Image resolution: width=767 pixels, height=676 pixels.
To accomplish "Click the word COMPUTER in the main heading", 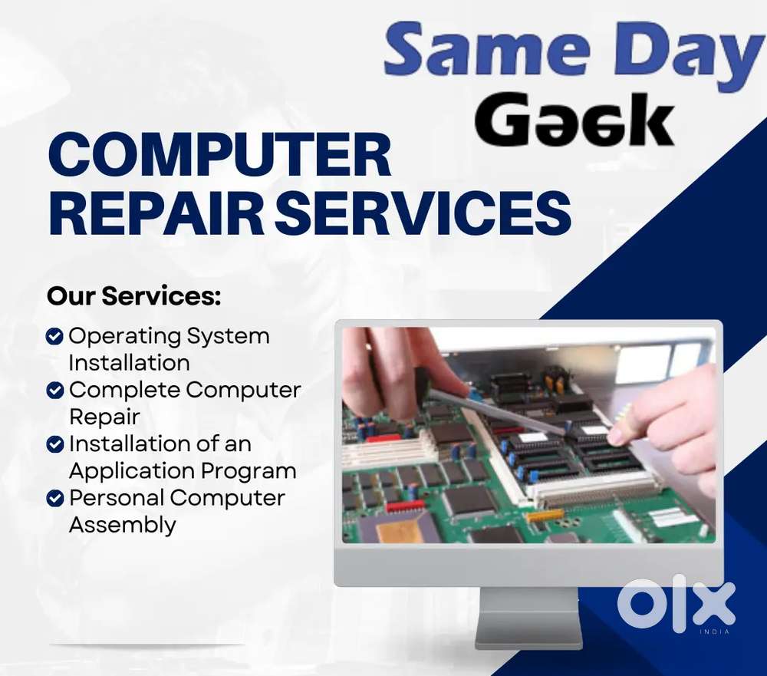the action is [x=220, y=156].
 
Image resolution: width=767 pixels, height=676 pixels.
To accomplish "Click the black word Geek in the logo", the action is [x=574, y=120].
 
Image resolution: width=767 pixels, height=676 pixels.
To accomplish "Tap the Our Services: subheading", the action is [x=133, y=296].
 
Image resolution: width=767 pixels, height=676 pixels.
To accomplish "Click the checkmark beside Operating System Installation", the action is [x=54, y=336].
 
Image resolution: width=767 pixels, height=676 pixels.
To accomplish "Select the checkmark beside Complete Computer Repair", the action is [x=54, y=390].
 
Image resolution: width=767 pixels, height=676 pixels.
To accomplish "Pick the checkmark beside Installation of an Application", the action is [x=54, y=444].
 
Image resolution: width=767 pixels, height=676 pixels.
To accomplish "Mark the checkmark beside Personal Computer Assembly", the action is [x=54, y=498].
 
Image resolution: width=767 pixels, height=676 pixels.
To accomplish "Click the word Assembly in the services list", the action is [x=122, y=526].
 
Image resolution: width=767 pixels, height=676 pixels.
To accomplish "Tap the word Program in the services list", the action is [x=249, y=471].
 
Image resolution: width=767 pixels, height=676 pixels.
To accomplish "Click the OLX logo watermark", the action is [x=676, y=605].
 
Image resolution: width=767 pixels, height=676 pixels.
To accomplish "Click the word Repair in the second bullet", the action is [x=104, y=417].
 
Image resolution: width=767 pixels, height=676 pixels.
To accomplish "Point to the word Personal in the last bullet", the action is [x=116, y=498].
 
